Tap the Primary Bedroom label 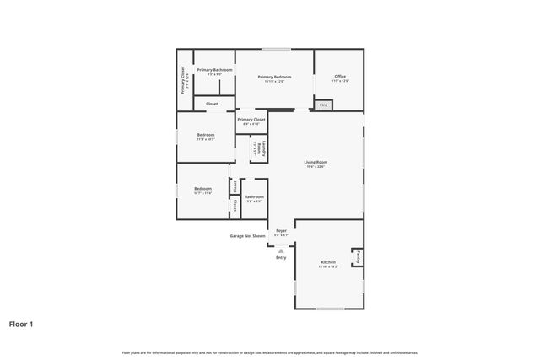click(274, 78)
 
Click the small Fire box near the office click(323, 105)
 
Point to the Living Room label click(316, 164)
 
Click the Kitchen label click(328, 264)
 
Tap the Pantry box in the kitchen click(359, 255)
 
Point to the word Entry click(281, 257)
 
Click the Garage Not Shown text click(247, 236)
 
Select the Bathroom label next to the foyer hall click(254, 198)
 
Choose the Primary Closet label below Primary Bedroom click(251, 121)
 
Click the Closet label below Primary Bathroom click(212, 104)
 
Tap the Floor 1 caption click(21, 323)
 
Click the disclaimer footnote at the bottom click(270, 352)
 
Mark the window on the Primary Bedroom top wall click(275, 49)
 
